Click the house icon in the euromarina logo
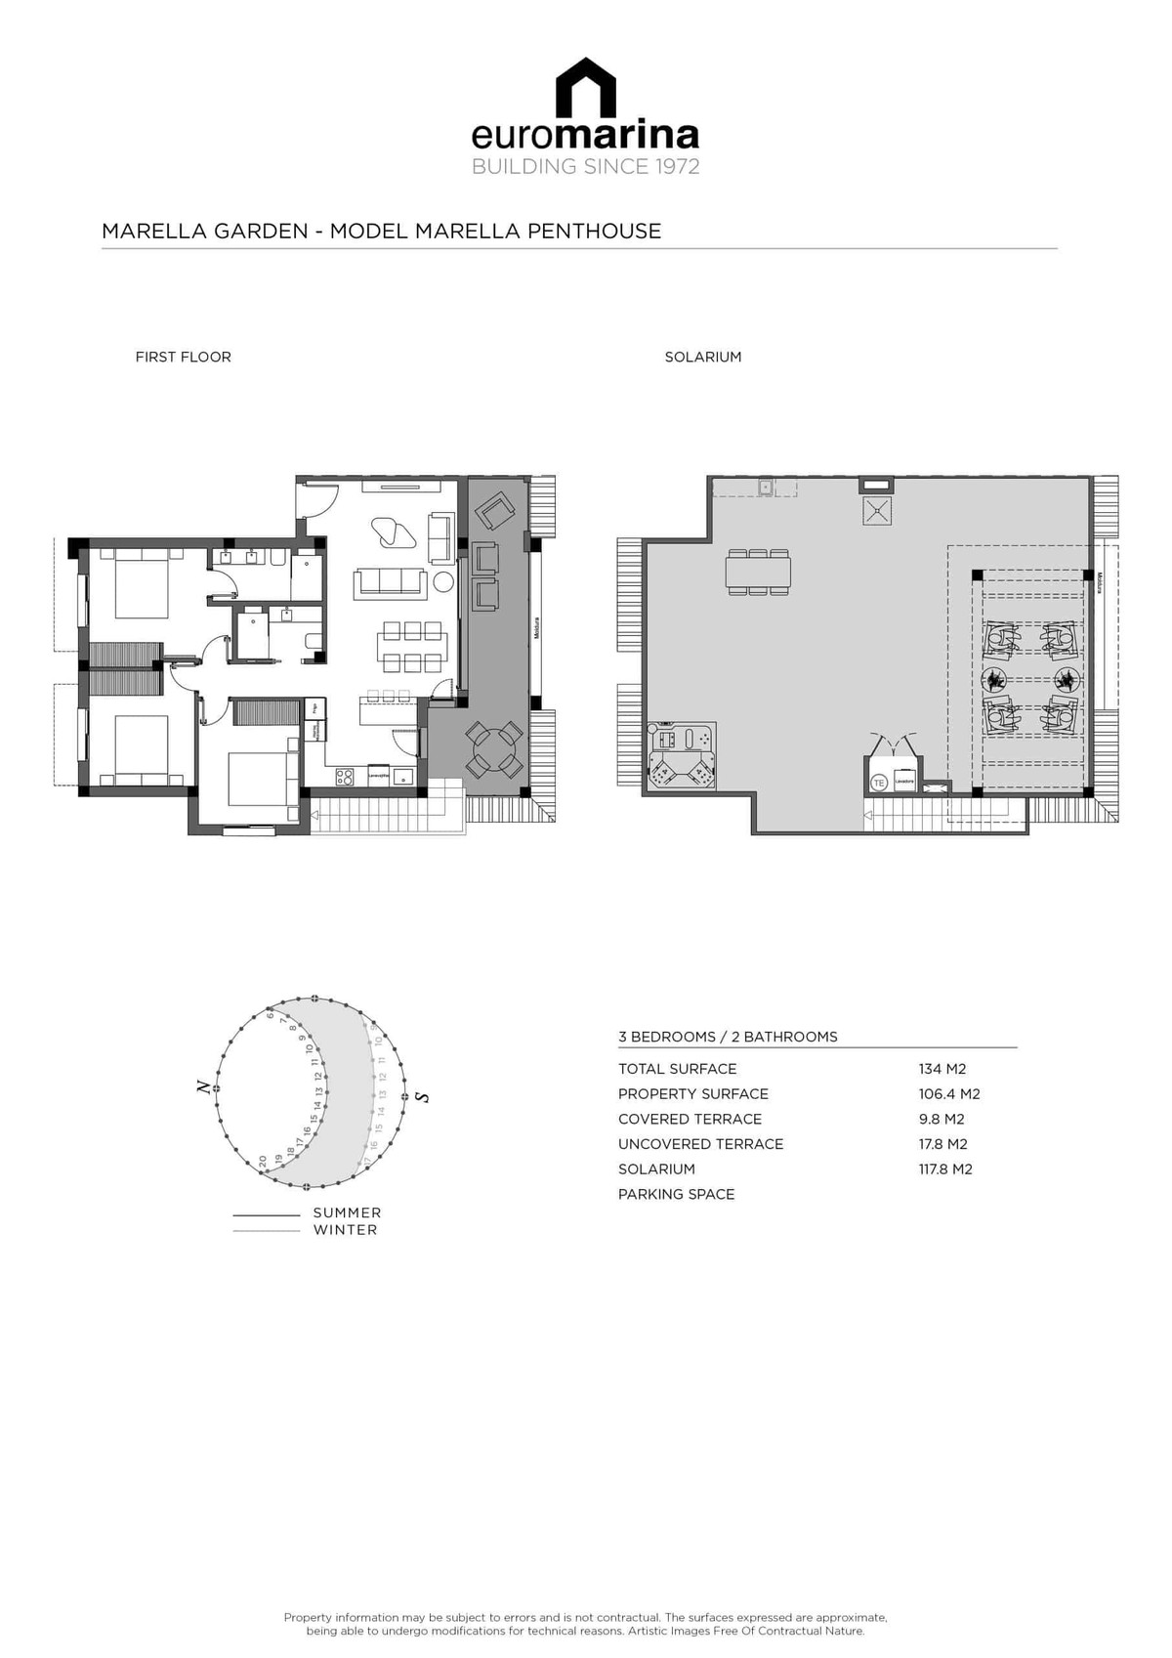point(586,87)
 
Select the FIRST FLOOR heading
point(183,357)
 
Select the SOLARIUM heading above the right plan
point(702,357)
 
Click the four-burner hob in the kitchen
point(346,777)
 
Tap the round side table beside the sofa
point(443,582)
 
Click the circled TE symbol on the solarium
point(878,783)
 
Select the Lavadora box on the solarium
point(904,782)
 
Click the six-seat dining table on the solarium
point(758,573)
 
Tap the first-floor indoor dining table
point(412,647)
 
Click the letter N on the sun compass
point(202,1085)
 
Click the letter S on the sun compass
point(422,1096)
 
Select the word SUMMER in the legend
point(347,1212)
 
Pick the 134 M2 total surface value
point(942,1069)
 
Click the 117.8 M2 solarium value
point(944,1169)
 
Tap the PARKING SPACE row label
point(676,1194)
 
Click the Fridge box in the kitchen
point(314,709)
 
